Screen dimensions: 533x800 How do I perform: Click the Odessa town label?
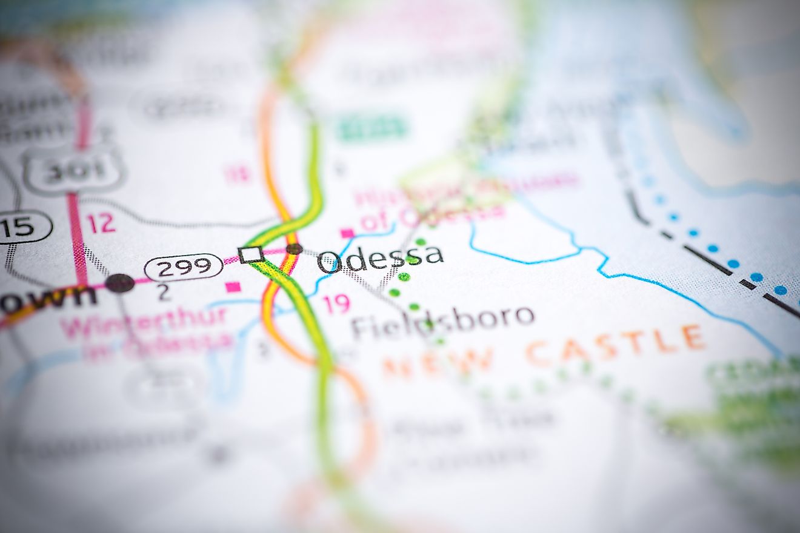point(380,259)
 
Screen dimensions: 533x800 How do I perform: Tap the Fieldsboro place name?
point(442,322)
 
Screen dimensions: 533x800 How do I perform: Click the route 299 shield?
point(184,267)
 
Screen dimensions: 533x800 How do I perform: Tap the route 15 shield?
point(23,227)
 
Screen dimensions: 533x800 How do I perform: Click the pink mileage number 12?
point(101,223)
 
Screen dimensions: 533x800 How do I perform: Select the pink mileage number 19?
point(336,303)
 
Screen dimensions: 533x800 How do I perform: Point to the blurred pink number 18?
point(237,174)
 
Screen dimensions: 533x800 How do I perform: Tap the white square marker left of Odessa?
point(251,254)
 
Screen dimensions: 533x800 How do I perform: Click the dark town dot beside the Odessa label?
point(295,248)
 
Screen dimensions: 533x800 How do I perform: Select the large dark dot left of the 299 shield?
point(120,283)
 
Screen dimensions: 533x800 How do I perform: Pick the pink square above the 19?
point(347,233)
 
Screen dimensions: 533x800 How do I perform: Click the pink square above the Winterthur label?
point(233,287)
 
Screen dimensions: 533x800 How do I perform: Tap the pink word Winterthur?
point(144,322)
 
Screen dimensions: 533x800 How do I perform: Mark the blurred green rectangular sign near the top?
point(372,128)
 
